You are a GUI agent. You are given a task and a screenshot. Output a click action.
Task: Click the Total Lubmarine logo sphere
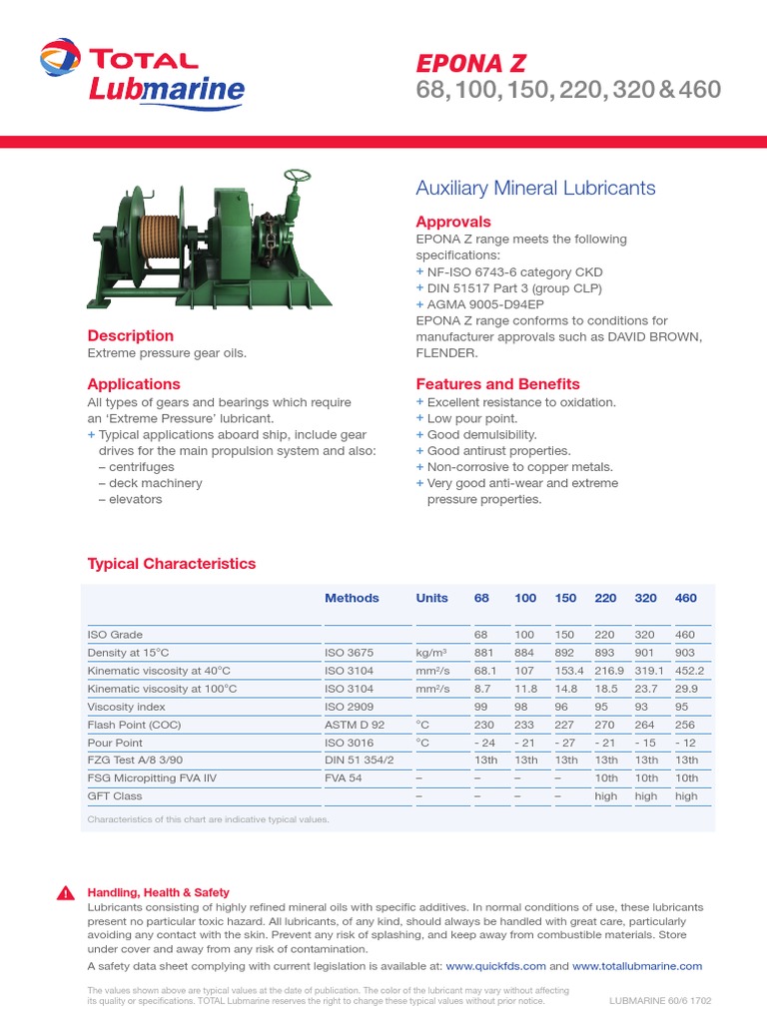(61, 57)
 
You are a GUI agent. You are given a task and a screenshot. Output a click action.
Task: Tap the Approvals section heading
(452, 222)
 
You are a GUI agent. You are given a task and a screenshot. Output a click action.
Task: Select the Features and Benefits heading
(497, 384)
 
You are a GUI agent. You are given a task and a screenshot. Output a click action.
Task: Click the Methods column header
(352, 598)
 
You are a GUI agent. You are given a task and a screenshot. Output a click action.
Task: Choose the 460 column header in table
(685, 598)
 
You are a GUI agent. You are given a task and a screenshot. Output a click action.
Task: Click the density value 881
(484, 653)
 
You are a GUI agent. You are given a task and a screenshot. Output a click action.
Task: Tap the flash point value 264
(645, 725)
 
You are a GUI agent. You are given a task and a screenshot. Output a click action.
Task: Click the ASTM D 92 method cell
(354, 725)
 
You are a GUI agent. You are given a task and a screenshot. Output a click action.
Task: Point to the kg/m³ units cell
(431, 653)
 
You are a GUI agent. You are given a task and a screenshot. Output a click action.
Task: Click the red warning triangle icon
(65, 893)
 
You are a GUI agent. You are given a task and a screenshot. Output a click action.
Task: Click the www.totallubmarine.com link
(637, 966)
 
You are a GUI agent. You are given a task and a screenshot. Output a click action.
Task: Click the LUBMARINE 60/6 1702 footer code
(660, 1000)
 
